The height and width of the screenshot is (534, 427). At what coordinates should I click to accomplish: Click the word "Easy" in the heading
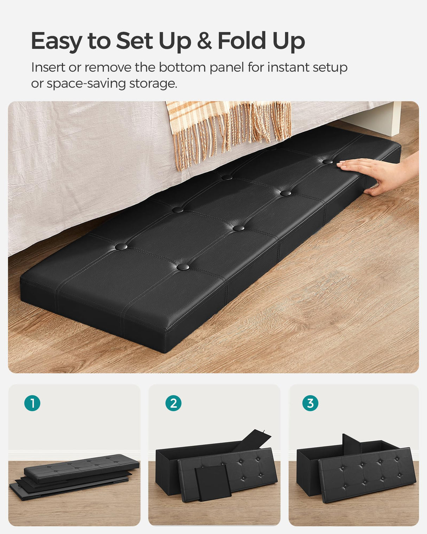57,41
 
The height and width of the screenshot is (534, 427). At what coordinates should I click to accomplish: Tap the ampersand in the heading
204,41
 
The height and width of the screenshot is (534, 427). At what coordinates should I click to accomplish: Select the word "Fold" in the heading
242,41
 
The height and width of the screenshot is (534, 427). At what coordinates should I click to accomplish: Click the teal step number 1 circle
32,403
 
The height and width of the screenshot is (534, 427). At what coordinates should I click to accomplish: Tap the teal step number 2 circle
173,403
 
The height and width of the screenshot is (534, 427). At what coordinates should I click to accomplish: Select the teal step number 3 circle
310,403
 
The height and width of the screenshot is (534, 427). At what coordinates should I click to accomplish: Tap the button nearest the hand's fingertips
328,162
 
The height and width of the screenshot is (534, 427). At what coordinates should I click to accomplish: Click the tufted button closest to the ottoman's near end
182,267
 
